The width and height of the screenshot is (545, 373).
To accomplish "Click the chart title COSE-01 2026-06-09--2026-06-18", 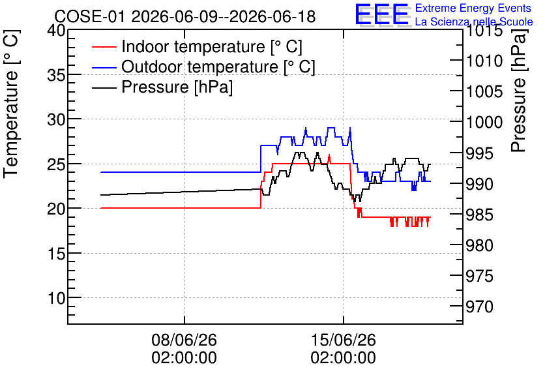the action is pyautogui.click(x=185, y=16).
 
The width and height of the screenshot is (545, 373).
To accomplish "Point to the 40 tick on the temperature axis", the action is pyautogui.click(x=56, y=31).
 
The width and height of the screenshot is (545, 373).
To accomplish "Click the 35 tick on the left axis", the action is pyautogui.click(x=56, y=75).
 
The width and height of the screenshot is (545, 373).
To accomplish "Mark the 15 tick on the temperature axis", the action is pyautogui.click(x=56, y=254).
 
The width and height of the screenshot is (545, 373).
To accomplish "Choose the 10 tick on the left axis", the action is pyautogui.click(x=56, y=298).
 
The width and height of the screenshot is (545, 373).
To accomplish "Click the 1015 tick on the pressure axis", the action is pyautogui.click(x=484, y=31).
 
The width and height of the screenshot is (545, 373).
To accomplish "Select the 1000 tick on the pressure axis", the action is pyautogui.click(x=484, y=122).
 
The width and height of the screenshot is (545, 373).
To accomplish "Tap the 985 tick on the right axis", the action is pyautogui.click(x=480, y=215).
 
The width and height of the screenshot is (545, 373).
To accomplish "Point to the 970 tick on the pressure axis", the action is pyautogui.click(x=480, y=306).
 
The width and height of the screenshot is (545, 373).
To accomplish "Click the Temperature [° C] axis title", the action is pyautogui.click(x=11, y=104).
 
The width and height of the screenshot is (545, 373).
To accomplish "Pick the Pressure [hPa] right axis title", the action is pyautogui.click(x=518, y=91).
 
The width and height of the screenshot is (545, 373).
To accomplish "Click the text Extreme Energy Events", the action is pyautogui.click(x=473, y=8).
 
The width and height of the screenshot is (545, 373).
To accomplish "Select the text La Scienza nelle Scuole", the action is pyautogui.click(x=474, y=22).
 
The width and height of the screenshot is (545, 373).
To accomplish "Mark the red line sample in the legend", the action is pyautogui.click(x=104, y=47).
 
